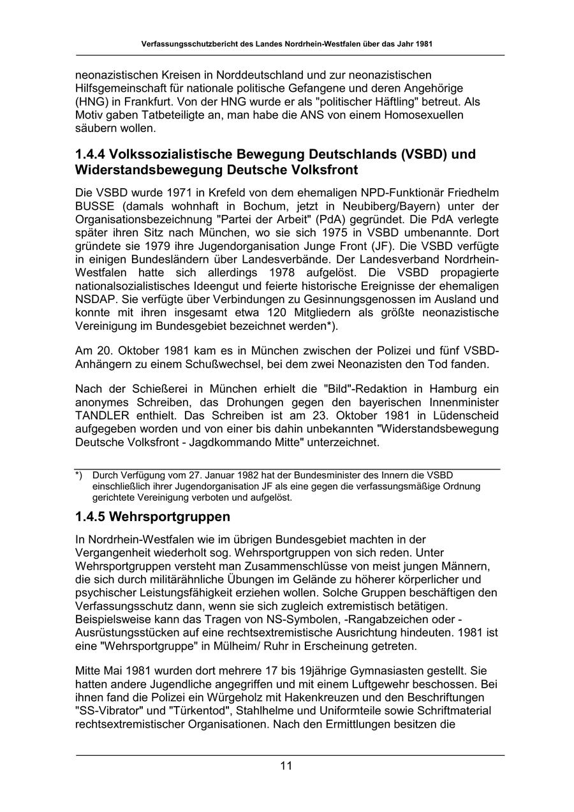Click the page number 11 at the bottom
(286, 766)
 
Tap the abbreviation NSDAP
(95, 299)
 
